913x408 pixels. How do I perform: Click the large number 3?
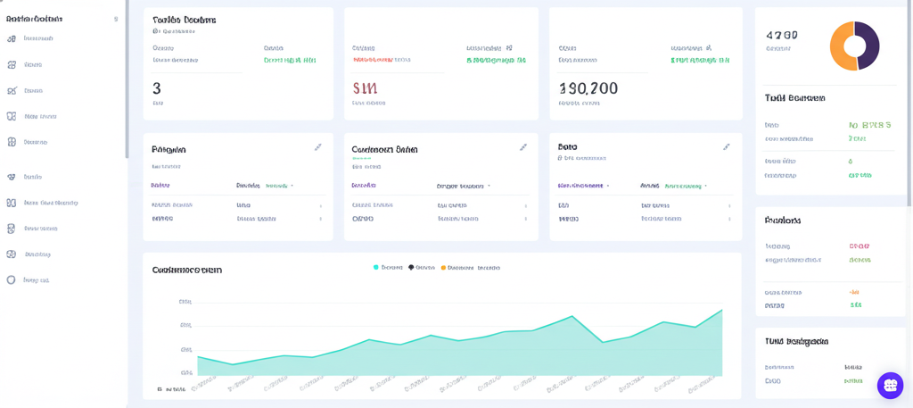pyautogui.click(x=157, y=88)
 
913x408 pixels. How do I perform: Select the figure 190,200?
pyautogui.click(x=588, y=88)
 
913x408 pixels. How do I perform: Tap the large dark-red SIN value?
pyautogui.click(x=365, y=88)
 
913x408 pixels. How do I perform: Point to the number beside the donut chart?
pyautogui.click(x=781, y=36)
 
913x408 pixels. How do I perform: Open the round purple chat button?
pyautogui.click(x=890, y=385)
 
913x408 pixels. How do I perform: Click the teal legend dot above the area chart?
pyautogui.click(x=376, y=267)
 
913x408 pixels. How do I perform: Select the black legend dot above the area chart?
pyautogui.click(x=411, y=267)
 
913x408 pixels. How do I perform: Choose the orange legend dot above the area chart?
pyautogui.click(x=443, y=267)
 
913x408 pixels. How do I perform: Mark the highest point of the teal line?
pyautogui.click(x=721, y=310)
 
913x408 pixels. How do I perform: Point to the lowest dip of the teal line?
pyautogui.click(x=233, y=364)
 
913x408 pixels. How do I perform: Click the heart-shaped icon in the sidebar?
pyautogui.click(x=12, y=177)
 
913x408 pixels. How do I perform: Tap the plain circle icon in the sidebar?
pyautogui.click(x=12, y=279)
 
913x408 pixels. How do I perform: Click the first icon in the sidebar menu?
pyautogui.click(x=12, y=38)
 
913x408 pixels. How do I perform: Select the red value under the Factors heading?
pyautogui.click(x=859, y=246)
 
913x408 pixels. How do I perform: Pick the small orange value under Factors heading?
pyautogui.click(x=854, y=292)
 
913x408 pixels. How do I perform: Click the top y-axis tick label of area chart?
pyautogui.click(x=185, y=302)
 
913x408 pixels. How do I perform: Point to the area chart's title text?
pyautogui.click(x=186, y=270)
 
